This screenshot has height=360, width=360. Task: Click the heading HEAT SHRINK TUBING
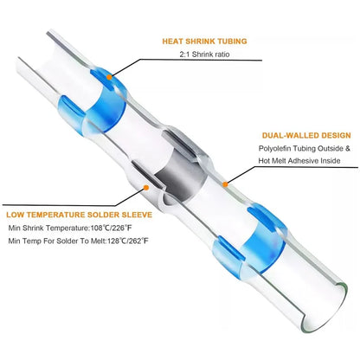[x=204, y=42]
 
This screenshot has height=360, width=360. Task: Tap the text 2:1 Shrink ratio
[x=204, y=55]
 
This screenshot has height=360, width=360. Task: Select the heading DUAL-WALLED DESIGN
[x=306, y=136]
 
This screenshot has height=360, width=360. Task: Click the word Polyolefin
[x=274, y=149]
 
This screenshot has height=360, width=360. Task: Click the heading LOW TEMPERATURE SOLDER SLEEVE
[x=79, y=215]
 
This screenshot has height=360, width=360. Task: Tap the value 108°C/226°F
[x=112, y=228]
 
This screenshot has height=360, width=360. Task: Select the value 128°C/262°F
[x=128, y=241]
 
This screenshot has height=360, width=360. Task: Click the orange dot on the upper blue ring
[x=109, y=77]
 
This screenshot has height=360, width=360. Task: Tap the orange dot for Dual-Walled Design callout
[x=225, y=184]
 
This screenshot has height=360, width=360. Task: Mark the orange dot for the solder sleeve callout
[x=146, y=188]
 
